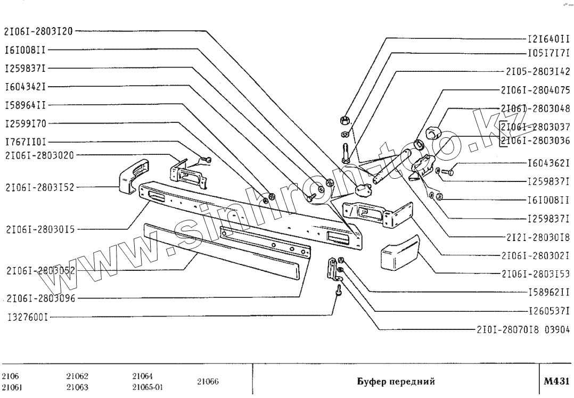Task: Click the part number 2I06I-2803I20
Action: coord(39,31)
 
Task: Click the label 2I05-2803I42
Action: coord(537,71)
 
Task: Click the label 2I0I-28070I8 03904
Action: coord(523,329)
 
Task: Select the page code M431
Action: coord(556,382)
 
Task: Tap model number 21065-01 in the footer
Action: coord(147,387)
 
